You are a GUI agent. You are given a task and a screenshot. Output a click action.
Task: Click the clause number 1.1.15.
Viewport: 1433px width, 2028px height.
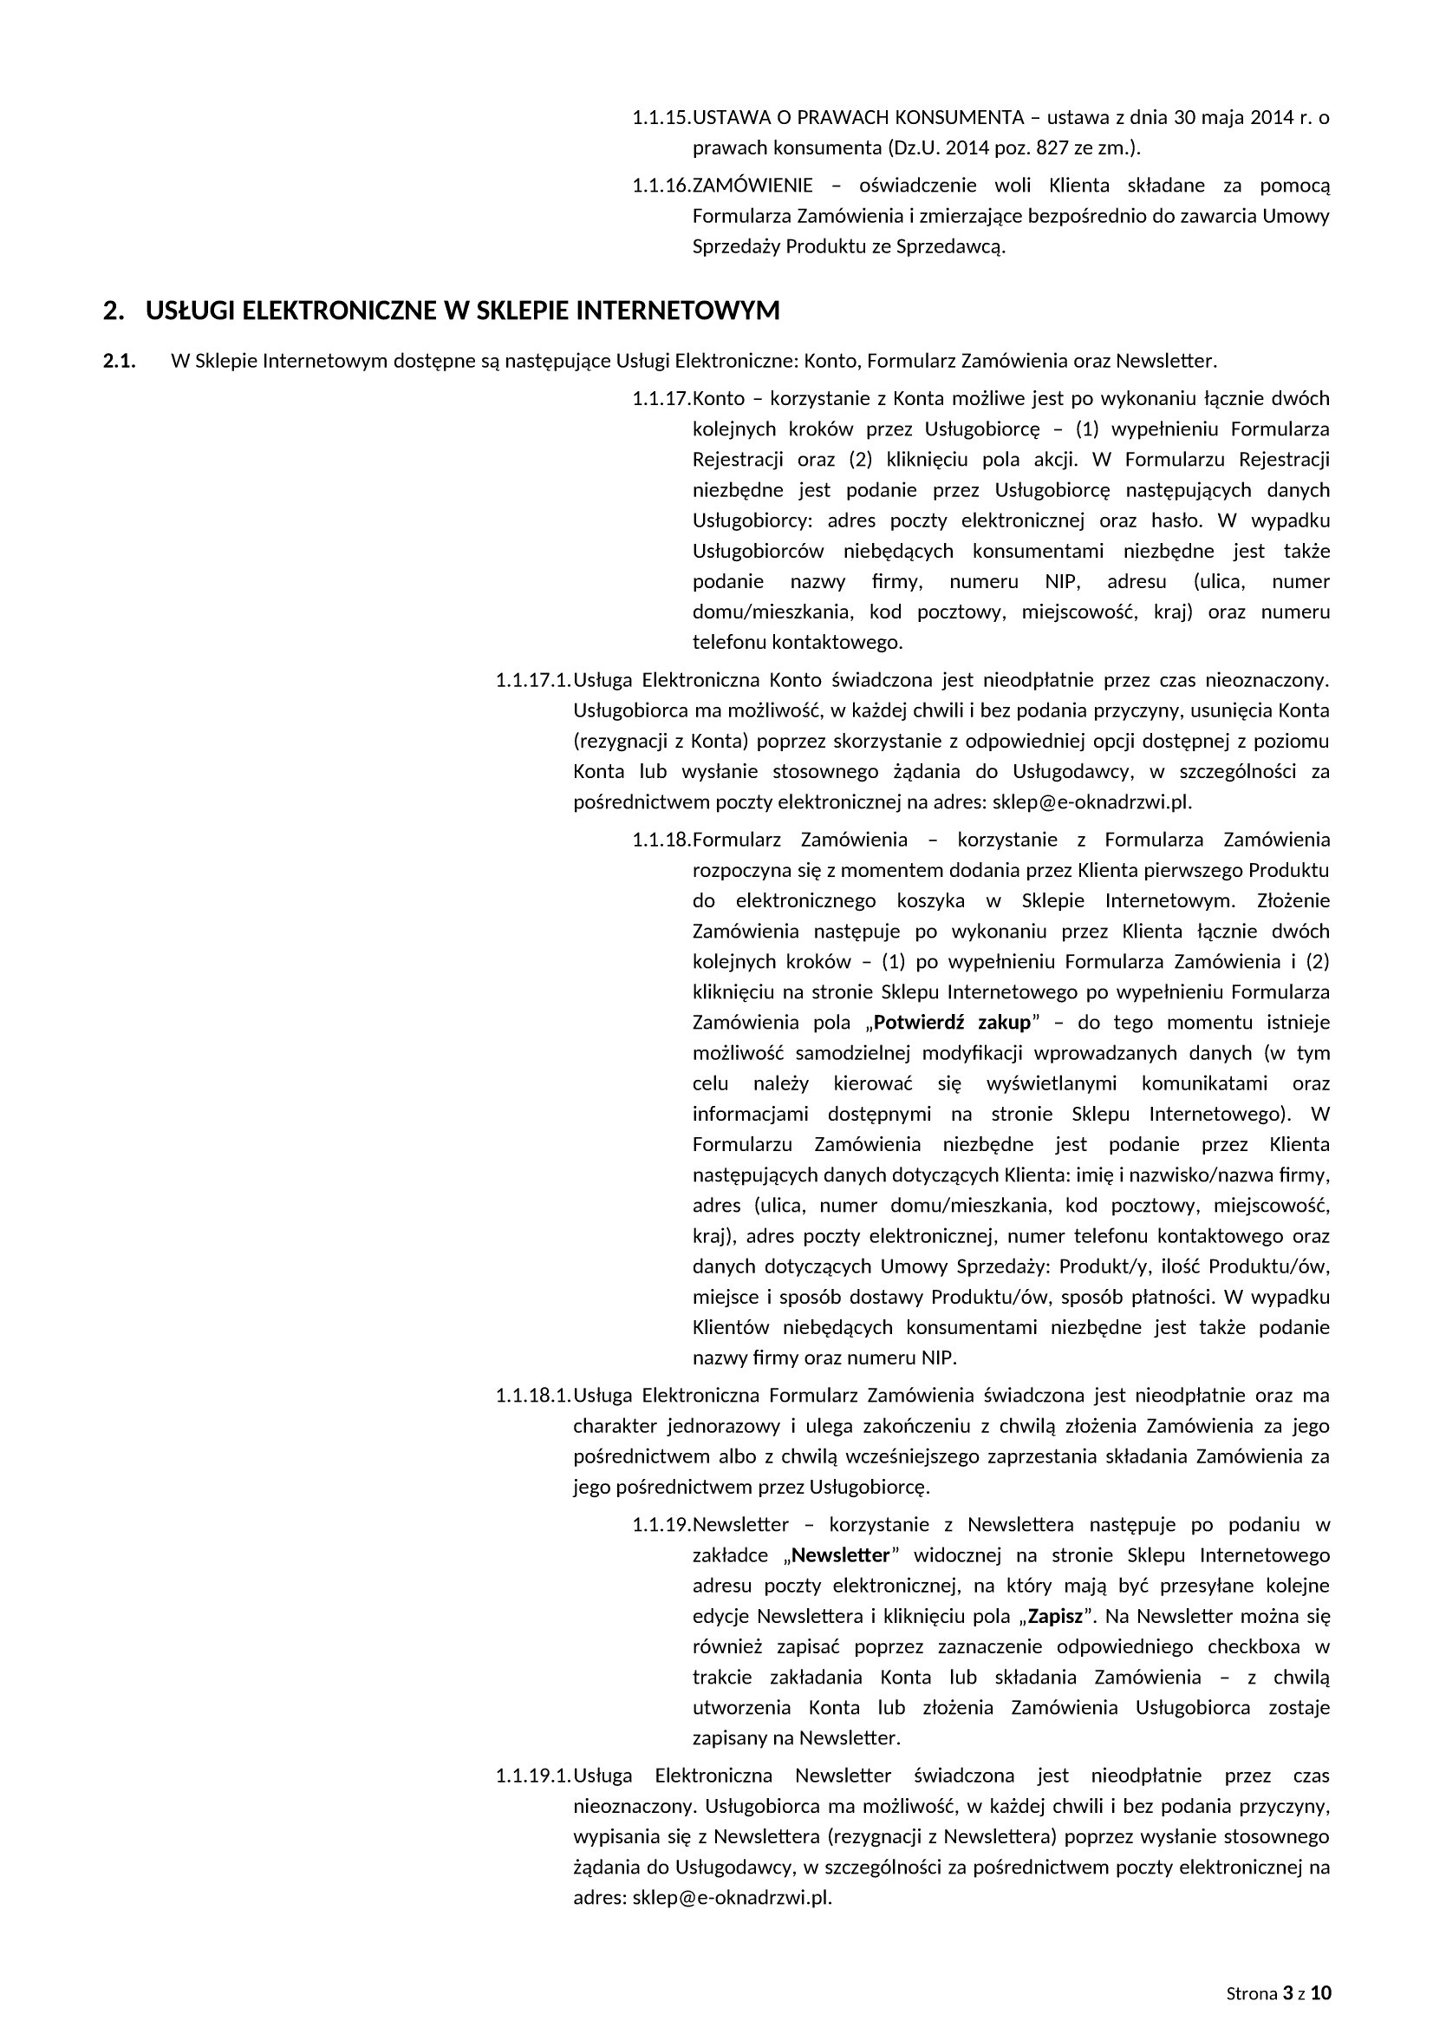click(x=661, y=117)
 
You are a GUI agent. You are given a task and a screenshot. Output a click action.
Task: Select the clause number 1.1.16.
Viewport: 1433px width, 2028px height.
click(x=661, y=186)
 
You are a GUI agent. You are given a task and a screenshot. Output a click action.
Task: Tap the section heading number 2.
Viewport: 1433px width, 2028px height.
click(x=111, y=311)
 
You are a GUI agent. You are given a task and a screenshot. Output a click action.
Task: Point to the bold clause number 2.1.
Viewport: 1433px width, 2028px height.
click(x=119, y=361)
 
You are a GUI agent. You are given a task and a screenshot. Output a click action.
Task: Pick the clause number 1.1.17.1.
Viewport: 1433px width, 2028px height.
click(x=533, y=680)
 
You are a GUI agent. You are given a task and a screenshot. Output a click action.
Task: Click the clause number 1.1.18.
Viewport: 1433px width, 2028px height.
click(x=661, y=839)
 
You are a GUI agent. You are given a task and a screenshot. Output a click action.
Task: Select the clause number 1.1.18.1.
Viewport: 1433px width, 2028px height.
click(x=533, y=1396)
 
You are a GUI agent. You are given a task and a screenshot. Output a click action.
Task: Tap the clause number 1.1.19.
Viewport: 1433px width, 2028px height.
click(x=661, y=1525)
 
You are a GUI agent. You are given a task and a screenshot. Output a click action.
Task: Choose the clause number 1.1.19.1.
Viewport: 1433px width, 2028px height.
click(x=533, y=1776)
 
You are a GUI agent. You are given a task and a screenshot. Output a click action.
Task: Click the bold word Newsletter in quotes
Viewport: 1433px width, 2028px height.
click(x=841, y=1555)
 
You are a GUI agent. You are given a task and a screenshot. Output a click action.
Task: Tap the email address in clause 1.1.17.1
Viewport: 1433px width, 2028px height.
click(x=1091, y=802)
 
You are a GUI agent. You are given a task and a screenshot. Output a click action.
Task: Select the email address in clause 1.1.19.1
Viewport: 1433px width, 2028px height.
click(x=732, y=1897)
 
